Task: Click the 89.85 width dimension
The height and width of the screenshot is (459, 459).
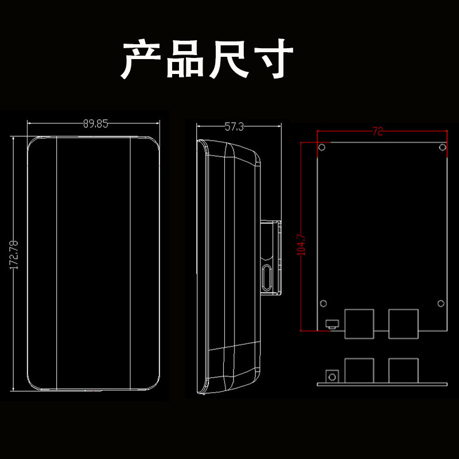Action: click(x=95, y=124)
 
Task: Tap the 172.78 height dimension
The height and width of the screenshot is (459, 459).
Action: click(x=14, y=255)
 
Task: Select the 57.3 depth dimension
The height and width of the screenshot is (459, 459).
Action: click(x=234, y=127)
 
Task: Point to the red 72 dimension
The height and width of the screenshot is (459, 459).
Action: click(x=378, y=131)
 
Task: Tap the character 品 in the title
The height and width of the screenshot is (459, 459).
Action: click(x=185, y=59)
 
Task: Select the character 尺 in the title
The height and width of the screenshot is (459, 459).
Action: click(x=228, y=59)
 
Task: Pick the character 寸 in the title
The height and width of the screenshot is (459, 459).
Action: click(x=274, y=59)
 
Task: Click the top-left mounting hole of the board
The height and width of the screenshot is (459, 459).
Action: click(x=322, y=147)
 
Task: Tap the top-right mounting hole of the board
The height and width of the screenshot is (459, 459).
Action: click(x=442, y=147)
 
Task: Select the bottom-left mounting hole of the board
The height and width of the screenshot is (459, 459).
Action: click(x=324, y=304)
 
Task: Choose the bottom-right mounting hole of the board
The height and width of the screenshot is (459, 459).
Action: click(x=441, y=304)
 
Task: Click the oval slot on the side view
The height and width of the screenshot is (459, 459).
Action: click(x=267, y=277)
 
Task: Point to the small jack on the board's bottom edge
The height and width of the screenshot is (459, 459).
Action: click(x=332, y=324)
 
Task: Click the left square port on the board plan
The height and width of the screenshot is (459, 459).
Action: click(x=359, y=324)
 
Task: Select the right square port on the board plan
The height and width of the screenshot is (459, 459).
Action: click(x=403, y=324)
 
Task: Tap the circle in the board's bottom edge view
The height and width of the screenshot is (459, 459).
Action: click(x=332, y=377)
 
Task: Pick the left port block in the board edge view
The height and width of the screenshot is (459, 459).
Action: click(x=359, y=370)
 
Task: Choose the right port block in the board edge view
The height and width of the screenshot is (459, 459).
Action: click(x=403, y=370)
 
